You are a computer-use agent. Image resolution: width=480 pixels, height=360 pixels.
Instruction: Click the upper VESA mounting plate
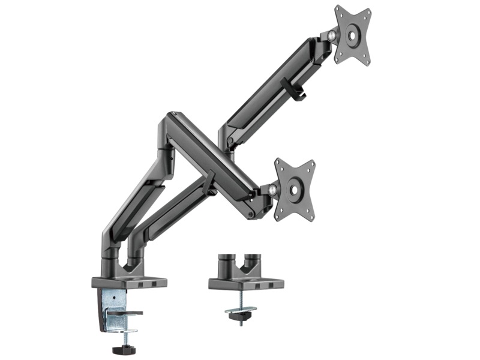point(352,34)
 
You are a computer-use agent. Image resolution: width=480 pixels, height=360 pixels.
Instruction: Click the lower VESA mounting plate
point(294,189)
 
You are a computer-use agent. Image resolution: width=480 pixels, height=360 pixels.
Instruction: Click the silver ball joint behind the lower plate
point(273,190)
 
